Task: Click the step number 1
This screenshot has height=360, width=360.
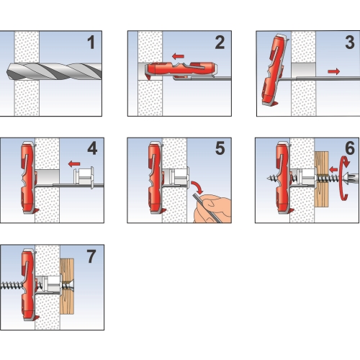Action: pyautogui.click(x=91, y=42)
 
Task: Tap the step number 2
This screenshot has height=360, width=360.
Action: pyautogui.click(x=220, y=42)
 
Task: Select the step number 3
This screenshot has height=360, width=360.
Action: pyautogui.click(x=350, y=42)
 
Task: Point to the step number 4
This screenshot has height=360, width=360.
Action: pyautogui.click(x=92, y=148)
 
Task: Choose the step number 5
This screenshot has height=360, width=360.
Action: pyautogui.click(x=220, y=148)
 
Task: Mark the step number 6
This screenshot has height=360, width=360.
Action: pyautogui.click(x=350, y=148)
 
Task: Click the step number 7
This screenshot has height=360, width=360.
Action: pyautogui.click(x=91, y=256)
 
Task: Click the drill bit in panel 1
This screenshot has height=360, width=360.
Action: pyautogui.click(x=54, y=71)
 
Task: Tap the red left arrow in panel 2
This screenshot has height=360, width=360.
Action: pyautogui.click(x=178, y=57)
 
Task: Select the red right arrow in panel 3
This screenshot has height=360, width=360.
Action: pyautogui.click(x=334, y=71)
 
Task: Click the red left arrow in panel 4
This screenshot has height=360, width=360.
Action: pyautogui.click(x=74, y=164)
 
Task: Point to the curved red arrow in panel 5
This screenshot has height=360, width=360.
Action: pyautogui.click(x=197, y=187)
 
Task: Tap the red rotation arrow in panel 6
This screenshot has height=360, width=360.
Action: pyautogui.click(x=344, y=178)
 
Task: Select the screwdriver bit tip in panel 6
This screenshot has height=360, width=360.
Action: pyautogui.click(x=351, y=179)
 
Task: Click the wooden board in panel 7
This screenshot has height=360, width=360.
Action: pyautogui.click(x=67, y=287)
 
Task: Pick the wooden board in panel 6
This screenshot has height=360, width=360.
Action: pyautogui.click(x=321, y=179)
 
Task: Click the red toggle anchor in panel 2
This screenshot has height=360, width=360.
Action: pyautogui.click(x=182, y=69)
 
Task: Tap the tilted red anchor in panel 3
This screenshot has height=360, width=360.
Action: pyautogui.click(x=275, y=70)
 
